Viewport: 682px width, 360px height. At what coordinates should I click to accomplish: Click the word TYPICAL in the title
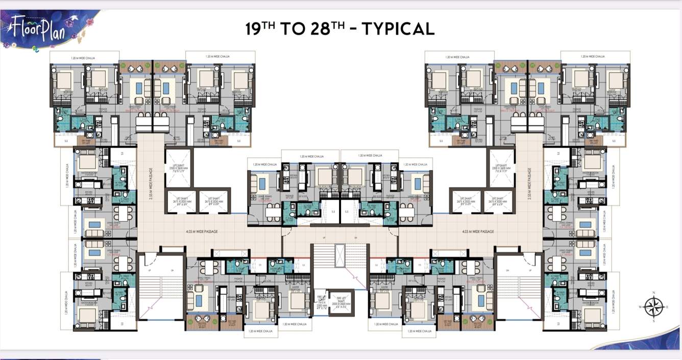pyautogui.click(x=398, y=29)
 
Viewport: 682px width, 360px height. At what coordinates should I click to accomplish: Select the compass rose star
pyautogui.click(x=652, y=307)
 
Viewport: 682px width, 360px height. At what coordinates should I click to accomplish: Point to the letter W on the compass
pyautogui.click(x=639, y=307)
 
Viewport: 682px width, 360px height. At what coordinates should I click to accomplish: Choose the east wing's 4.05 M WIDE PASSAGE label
pyautogui.click(x=477, y=232)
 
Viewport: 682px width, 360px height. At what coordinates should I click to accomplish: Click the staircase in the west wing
pyautogui.click(x=161, y=291)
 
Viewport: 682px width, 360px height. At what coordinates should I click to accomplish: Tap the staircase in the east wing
pyautogui.click(x=519, y=291)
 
